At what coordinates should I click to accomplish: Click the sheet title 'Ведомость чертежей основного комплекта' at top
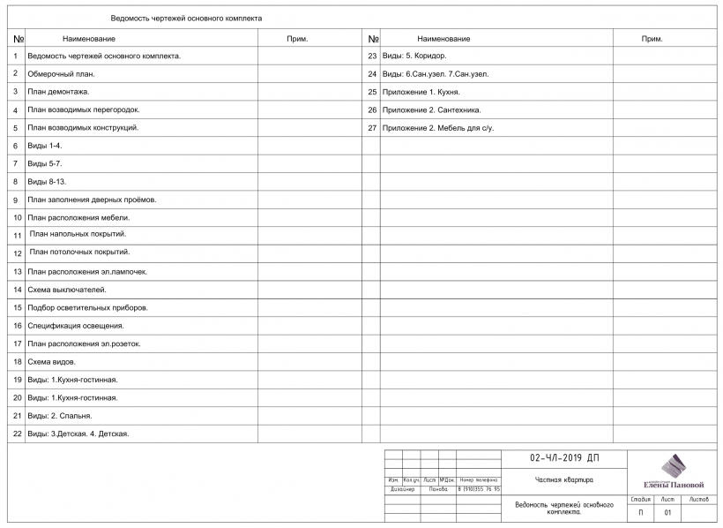pyautogui.click(x=186, y=18)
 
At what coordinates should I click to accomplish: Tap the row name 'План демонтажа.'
pyautogui.click(x=58, y=91)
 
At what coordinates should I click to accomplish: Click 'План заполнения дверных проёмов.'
pyautogui.click(x=92, y=200)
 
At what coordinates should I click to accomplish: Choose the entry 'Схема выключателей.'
pyautogui.click(x=66, y=290)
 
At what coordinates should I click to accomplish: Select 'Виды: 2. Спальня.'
pyautogui.click(x=60, y=415)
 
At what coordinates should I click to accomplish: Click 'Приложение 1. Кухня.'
pyautogui.click(x=420, y=92)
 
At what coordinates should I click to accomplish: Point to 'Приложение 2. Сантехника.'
pyautogui.click(x=430, y=109)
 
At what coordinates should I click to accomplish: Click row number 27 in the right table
pyautogui.click(x=372, y=128)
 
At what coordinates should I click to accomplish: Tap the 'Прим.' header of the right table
pyautogui.click(x=652, y=39)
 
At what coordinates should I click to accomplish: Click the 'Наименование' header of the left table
pyautogui.click(x=89, y=39)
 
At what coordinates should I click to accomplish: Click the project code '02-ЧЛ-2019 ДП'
pyautogui.click(x=564, y=459)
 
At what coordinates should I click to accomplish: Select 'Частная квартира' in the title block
pyautogui.click(x=564, y=480)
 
